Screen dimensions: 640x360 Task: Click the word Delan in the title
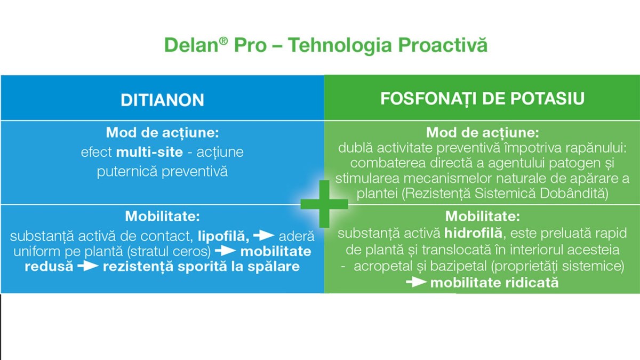tap(191, 45)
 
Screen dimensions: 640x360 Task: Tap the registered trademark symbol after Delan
tap(223, 41)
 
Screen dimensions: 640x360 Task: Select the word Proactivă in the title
tap(443, 45)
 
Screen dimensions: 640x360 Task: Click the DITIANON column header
tap(162, 100)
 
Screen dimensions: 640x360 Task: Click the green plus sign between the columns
tap(324, 204)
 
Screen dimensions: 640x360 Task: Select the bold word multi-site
tap(149, 152)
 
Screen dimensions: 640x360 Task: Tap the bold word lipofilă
tap(223, 236)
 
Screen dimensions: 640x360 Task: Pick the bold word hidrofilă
tap(473, 233)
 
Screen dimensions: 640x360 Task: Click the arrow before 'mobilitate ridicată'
tap(417, 283)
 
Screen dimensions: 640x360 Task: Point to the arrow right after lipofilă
tap(263, 236)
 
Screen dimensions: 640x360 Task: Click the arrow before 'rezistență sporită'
tap(88, 266)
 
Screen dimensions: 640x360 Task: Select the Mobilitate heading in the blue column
tap(162, 217)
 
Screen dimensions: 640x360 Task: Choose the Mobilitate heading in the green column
tap(483, 217)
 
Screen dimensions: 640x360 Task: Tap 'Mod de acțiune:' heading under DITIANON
tap(162, 133)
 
